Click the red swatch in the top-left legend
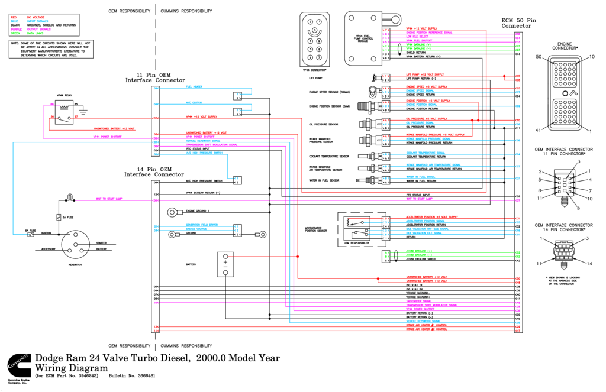14,17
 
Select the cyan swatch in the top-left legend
14,21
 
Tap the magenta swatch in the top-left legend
16,29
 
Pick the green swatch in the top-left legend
15,33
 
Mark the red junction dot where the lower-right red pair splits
378,278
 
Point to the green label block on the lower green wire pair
418,252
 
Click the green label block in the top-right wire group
418,46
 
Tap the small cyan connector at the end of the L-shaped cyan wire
237,178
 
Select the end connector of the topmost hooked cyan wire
238,94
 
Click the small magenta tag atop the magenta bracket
51,105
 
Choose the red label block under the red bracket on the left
114,129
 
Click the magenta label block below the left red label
107,137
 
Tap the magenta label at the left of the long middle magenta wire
109,199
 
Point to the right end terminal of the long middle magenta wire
518,200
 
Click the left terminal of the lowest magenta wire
156,303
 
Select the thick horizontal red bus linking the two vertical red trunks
394,192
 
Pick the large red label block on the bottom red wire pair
426,328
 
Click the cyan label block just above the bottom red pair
423,322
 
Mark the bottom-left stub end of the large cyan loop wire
27,234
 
